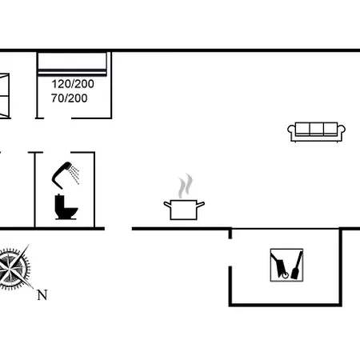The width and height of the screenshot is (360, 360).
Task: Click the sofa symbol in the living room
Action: (x=316, y=132)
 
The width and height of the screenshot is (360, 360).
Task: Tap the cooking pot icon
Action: (x=184, y=210)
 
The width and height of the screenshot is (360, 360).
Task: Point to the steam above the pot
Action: (x=186, y=186)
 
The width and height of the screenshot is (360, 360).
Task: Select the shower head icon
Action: (x=65, y=174)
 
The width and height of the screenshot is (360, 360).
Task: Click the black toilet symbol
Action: (x=66, y=207)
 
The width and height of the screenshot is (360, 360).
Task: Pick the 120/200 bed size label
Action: (x=73, y=84)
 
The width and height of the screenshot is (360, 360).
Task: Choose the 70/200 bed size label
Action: (x=70, y=98)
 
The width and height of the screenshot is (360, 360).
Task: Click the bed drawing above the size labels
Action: (x=72, y=64)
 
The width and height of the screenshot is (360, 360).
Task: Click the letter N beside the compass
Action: (x=42, y=295)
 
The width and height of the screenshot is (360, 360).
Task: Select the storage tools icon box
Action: (x=286, y=265)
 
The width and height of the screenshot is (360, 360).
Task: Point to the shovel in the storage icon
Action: (x=298, y=266)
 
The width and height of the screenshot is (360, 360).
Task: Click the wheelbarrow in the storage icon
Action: (x=279, y=266)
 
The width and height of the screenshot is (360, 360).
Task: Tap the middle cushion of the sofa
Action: (x=317, y=129)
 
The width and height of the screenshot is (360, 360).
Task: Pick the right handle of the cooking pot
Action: (x=201, y=205)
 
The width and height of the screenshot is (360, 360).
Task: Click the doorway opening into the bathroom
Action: (x=57, y=153)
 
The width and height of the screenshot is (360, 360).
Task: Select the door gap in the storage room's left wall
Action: (x=230, y=253)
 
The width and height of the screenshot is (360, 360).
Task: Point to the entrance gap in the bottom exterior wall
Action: (x=118, y=229)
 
